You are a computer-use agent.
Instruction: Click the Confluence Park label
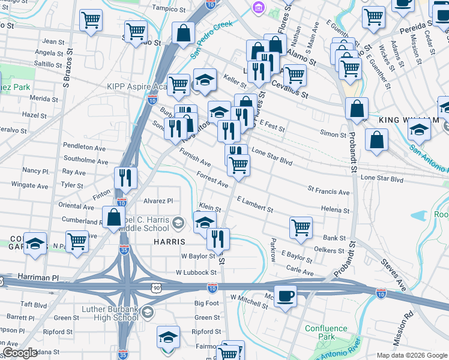click(327, 332)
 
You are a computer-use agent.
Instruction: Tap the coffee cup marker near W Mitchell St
click(286, 296)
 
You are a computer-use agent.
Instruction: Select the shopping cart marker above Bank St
click(301, 227)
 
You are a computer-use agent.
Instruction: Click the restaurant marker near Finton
click(126, 177)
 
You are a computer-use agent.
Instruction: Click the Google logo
click(20, 353)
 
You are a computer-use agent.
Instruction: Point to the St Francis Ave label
click(328, 192)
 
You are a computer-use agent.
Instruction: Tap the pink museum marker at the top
click(258, 8)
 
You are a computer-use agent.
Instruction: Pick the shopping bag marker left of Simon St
click(357, 109)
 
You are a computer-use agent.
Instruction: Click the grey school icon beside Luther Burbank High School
click(149, 312)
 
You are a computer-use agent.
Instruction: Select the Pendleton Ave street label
click(84, 147)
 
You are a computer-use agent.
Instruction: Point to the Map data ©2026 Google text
click(411, 355)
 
